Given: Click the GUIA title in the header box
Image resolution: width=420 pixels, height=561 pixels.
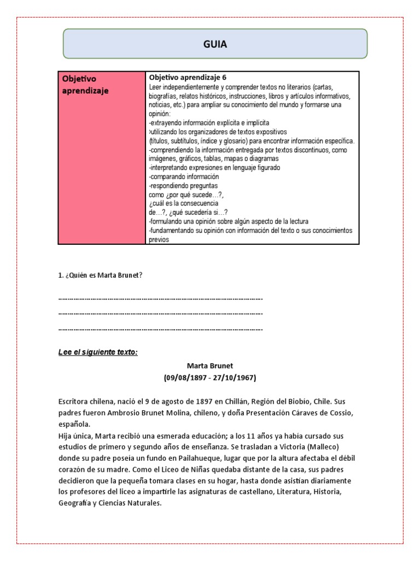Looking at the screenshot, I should pyautogui.click(x=215, y=44).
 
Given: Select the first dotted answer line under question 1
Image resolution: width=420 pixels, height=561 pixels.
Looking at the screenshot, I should pyautogui.click(x=160, y=299).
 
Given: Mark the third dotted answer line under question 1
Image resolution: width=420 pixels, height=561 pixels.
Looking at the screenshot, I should pyautogui.click(x=160, y=330).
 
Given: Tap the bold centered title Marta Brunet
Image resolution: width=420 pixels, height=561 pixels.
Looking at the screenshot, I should pyautogui.click(x=210, y=365).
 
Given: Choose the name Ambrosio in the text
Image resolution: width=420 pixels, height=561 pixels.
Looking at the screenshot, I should pyautogui.click(x=127, y=412).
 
